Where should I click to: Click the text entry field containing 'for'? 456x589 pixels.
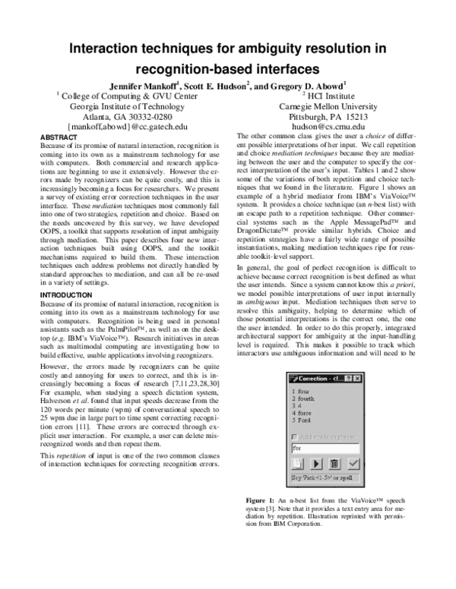(323, 448)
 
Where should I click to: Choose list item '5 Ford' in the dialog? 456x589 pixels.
(301, 420)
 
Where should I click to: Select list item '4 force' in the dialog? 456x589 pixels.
(302, 413)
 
